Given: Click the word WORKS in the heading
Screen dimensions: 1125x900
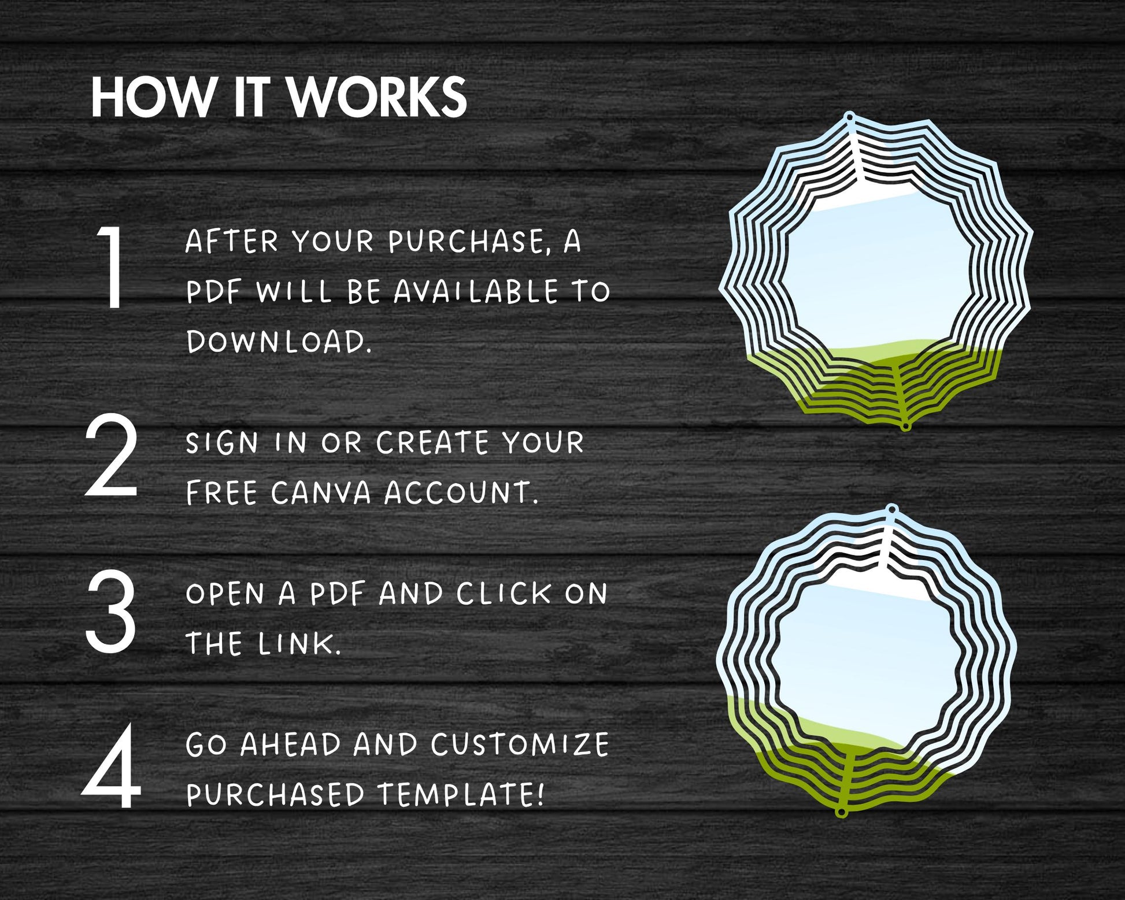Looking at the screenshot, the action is click(x=378, y=97).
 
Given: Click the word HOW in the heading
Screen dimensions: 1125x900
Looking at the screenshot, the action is click(x=153, y=97).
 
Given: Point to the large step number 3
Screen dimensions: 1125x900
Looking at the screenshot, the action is click(x=112, y=612).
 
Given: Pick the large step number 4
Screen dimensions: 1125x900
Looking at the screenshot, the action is click(x=112, y=766).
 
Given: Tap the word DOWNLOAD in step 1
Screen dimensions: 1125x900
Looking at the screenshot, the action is click(x=279, y=342).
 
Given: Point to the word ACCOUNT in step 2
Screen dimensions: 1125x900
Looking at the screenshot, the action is click(x=461, y=493).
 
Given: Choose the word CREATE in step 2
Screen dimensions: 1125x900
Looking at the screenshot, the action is click(x=432, y=443).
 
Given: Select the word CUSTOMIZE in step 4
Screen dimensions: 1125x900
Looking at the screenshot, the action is click(x=520, y=745).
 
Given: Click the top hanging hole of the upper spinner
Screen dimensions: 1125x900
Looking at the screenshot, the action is click(x=849, y=117).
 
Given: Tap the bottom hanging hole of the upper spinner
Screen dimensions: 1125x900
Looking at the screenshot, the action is click(x=906, y=426).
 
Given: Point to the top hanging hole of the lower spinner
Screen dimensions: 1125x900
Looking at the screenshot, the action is click(x=892, y=510).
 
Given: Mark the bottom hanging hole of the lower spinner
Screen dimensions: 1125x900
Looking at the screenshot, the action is click(x=842, y=813).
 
